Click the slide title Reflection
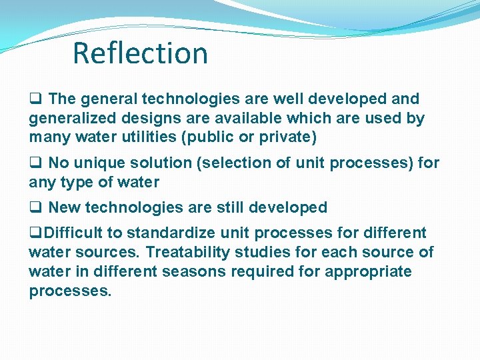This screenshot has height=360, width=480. coord(140,53)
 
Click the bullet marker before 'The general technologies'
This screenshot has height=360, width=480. coord(34,99)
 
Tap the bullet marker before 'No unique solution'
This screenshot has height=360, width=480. coord(34,163)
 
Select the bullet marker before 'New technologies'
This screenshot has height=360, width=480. coord(34,208)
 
